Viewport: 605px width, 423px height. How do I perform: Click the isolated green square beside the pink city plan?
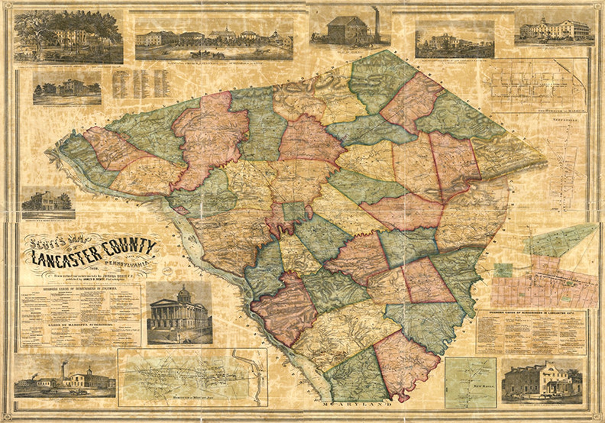(x=503, y=270)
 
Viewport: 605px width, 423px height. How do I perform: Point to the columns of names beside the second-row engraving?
(x=139, y=83)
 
